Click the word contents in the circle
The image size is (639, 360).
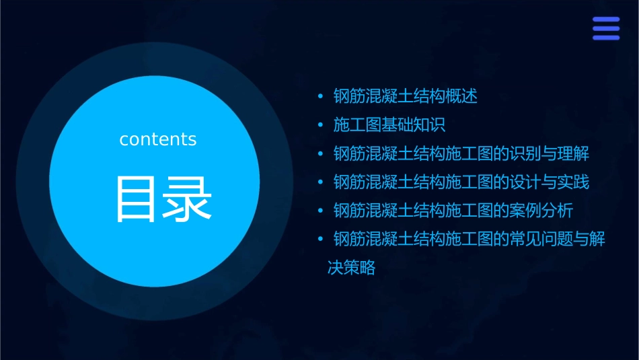click(x=157, y=139)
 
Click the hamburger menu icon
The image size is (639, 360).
click(x=605, y=28)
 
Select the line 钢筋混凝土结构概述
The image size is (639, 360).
click(x=405, y=96)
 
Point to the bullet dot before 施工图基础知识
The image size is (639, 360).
click(x=321, y=125)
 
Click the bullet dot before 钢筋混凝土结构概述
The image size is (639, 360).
click(x=321, y=96)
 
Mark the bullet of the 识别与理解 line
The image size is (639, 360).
click(x=321, y=153)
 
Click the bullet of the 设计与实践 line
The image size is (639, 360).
click(x=321, y=182)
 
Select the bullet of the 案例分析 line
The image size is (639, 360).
click(x=321, y=211)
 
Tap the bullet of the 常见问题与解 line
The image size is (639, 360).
click(x=321, y=240)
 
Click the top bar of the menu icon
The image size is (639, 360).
click(x=605, y=20)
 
